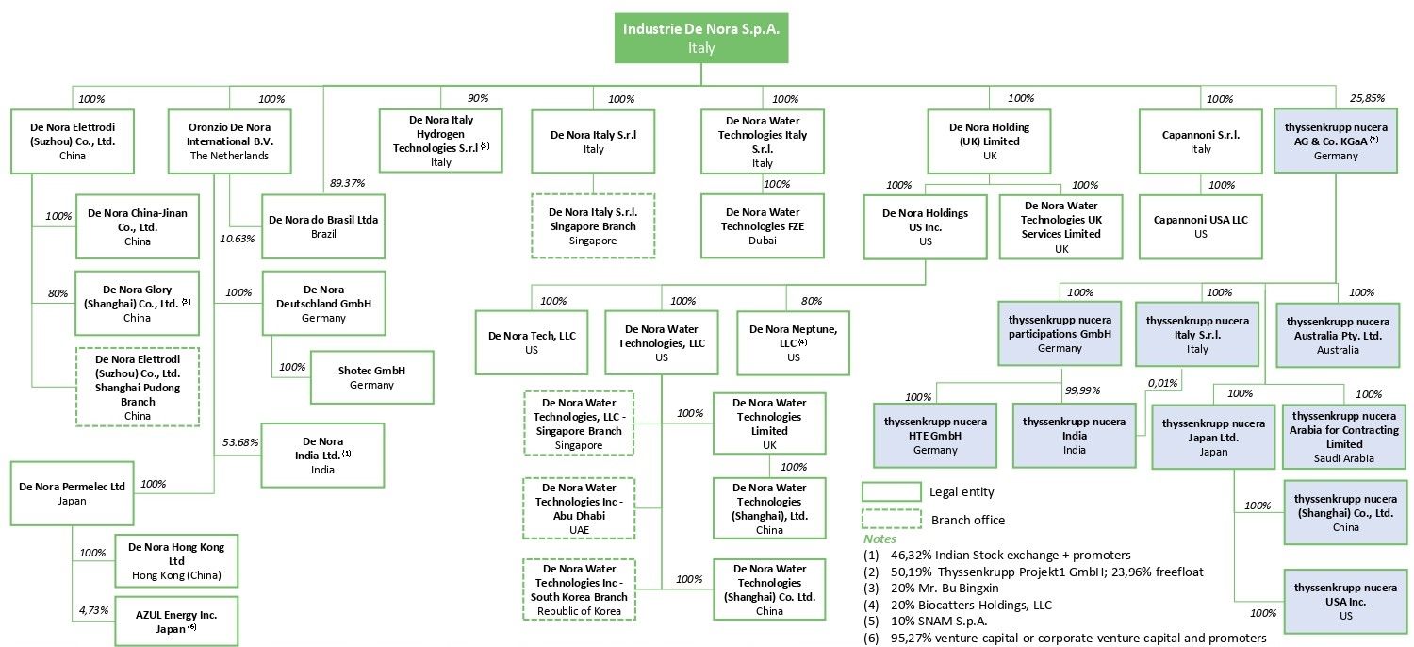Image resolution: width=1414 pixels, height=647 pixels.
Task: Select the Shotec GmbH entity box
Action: (358, 377)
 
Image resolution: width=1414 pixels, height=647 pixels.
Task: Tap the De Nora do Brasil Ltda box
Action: (323, 226)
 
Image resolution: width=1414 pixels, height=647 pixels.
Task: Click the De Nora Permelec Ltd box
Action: (72, 493)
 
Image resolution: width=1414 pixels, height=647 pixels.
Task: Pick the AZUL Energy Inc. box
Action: (176, 621)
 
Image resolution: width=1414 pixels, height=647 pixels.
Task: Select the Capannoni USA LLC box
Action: (1200, 226)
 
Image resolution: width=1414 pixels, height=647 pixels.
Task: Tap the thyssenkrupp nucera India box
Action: (1075, 435)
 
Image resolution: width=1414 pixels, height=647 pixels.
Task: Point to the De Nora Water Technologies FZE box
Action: (763, 226)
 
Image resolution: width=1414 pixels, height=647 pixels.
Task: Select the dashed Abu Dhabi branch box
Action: (580, 509)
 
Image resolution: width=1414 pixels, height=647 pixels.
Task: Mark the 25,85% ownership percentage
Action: (1368, 98)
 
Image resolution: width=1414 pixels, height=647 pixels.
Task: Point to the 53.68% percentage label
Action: (240, 443)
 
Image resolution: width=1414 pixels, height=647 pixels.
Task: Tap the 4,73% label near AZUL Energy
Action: (93, 610)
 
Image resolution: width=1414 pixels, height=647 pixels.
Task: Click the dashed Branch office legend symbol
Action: (891, 520)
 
